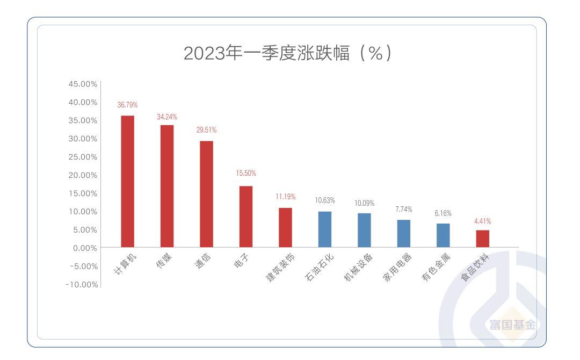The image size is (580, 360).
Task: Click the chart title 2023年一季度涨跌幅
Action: [x=290, y=53]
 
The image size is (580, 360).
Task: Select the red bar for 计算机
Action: [x=127, y=182]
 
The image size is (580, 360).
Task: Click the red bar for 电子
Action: [x=246, y=217]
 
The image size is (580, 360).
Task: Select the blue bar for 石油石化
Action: [x=325, y=229]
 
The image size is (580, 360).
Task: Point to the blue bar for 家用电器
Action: [x=404, y=234]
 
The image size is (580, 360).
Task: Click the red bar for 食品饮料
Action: [x=483, y=239]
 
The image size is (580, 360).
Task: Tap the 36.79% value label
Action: [x=127, y=105]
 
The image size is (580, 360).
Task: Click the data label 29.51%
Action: [x=206, y=130]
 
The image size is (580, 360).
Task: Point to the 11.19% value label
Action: [x=285, y=197]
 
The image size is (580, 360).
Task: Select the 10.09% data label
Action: [x=364, y=203]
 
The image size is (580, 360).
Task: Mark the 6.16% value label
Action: [x=443, y=213]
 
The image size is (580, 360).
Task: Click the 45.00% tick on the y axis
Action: [x=83, y=84]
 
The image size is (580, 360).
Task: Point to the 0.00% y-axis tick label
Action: [x=85, y=248]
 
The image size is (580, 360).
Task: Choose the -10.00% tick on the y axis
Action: [x=82, y=284]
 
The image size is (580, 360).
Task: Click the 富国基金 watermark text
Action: [x=512, y=325]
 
